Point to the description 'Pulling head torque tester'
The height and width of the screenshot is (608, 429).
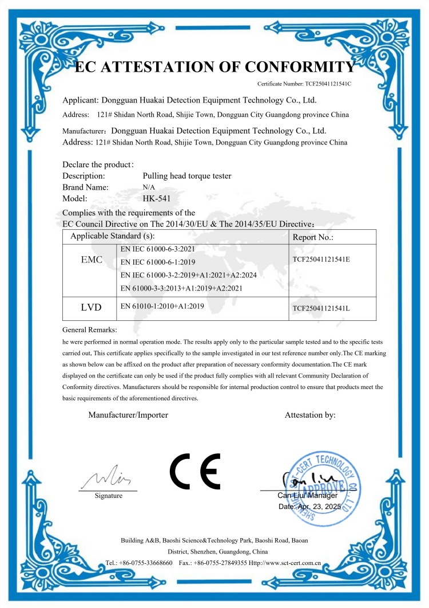coord(187,176)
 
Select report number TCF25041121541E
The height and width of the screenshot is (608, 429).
coord(321,259)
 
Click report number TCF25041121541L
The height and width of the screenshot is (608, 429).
coord(321,309)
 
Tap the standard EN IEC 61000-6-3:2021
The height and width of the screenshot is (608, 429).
coord(157,250)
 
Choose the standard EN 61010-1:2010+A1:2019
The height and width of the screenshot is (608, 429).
coord(162,307)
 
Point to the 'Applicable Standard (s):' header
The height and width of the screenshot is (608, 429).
coord(112,236)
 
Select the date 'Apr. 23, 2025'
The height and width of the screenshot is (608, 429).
coord(318,507)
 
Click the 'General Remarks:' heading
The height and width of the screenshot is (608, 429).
coord(89,330)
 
